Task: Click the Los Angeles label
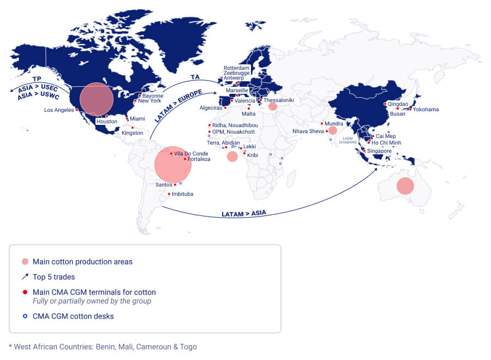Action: [59, 110]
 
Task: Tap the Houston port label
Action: [106, 122]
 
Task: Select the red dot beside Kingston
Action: [133, 128]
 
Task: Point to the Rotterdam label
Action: [236, 68]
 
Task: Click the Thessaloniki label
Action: [279, 100]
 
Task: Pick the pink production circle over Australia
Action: [405, 185]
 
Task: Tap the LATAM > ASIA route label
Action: [244, 214]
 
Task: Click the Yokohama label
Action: [426, 110]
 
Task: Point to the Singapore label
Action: [379, 151]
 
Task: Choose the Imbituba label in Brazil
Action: [183, 194]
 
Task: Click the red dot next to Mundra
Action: [322, 124]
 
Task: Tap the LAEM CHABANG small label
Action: [349, 140]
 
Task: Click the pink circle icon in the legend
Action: [25, 262]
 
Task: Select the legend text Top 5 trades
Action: [53, 277]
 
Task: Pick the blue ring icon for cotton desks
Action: [25, 316]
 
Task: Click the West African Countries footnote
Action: [103, 347]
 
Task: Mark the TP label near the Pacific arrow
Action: [37, 79]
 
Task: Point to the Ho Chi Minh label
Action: [386, 143]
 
